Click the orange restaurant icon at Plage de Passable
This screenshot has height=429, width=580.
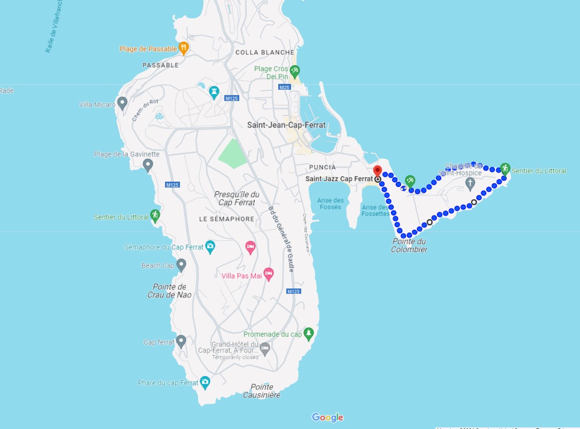[184, 48]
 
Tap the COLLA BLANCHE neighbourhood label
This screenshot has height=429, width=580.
[265, 52]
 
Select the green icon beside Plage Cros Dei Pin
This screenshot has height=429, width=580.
[294, 71]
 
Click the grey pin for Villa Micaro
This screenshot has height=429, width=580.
[122, 102]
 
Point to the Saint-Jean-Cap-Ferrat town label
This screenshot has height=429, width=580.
[286, 125]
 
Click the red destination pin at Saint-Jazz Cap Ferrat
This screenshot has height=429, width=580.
[378, 171]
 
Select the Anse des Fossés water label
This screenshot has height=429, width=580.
[330, 204]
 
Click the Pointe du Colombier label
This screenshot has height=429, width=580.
[409, 245]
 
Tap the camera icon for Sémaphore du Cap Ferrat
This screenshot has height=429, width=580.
[210, 247]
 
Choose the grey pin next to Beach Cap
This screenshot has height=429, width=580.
[181, 264]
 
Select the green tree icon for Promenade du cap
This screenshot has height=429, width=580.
[308, 333]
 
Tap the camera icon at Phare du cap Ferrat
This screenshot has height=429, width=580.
[205, 382]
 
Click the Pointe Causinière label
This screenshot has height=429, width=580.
[262, 391]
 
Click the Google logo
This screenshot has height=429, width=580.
[327, 417]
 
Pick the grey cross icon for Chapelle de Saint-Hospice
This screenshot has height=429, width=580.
[470, 184]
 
